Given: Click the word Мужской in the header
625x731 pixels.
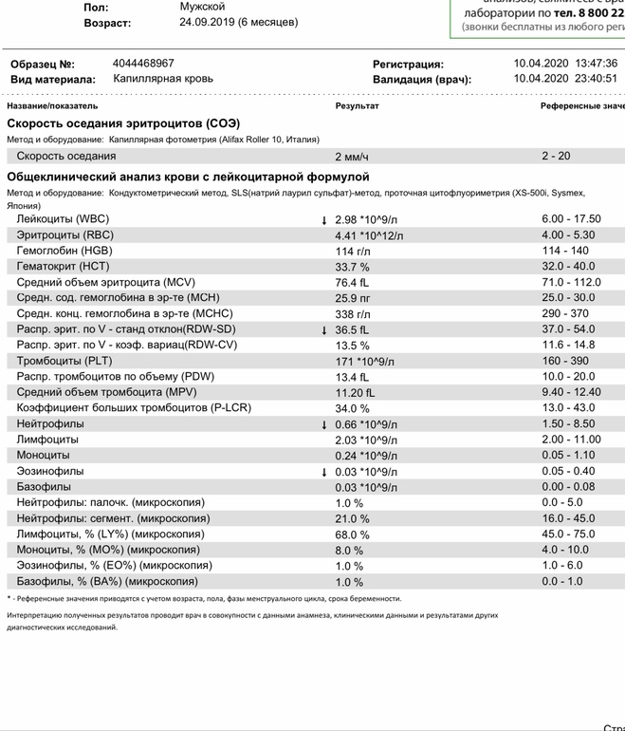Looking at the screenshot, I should point(203,7).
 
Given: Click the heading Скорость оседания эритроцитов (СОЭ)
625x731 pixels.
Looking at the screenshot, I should point(123,123).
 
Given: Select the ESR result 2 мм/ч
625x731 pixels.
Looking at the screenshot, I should point(352,156).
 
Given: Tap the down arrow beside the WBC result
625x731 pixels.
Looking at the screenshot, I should point(324,219).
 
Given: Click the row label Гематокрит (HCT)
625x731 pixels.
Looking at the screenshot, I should point(64,267).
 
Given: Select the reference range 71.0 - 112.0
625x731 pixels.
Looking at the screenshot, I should point(571,282).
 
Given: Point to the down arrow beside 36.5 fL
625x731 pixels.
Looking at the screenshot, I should point(324,329).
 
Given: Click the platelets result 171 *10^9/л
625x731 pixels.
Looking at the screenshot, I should point(364,362).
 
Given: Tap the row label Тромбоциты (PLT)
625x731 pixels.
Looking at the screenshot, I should point(64,361).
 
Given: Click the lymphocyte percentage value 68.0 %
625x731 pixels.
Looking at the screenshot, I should point(352,534).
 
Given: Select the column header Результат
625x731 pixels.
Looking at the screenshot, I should point(357,105).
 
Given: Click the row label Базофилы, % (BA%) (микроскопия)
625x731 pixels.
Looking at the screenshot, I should point(107,582).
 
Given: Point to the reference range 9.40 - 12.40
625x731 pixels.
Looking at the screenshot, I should point(571,392).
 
